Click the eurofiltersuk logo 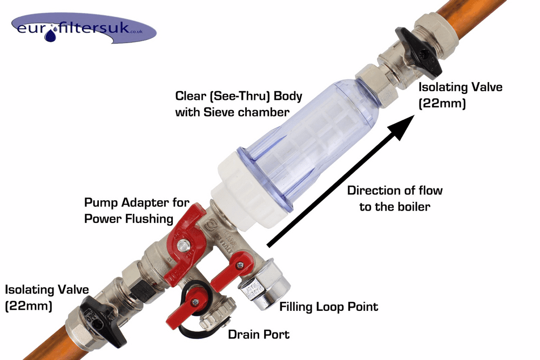(84, 29)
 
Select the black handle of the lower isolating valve (103, 320)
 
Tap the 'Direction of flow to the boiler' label (395, 199)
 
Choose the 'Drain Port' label (259, 334)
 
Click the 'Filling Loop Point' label (328, 307)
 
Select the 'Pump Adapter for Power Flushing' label (137, 210)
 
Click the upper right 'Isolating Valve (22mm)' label (460, 95)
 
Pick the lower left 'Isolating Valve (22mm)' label (46, 297)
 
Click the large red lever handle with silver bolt (184, 241)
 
